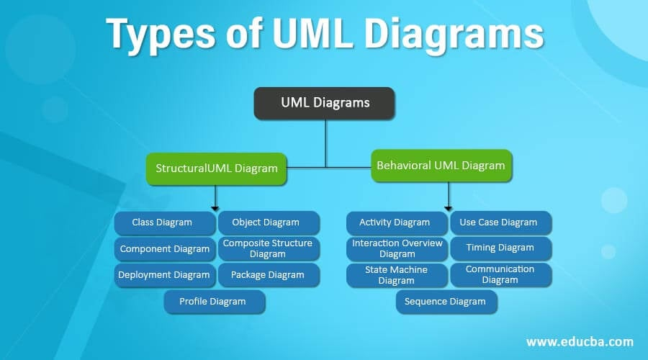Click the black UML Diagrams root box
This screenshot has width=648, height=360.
coord(325,102)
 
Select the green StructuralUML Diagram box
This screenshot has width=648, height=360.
coord(216,168)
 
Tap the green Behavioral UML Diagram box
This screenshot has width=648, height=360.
coord(441,165)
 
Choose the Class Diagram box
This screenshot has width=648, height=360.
coord(163,222)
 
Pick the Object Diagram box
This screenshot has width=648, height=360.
coord(266,222)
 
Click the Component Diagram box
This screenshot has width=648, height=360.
coord(164,249)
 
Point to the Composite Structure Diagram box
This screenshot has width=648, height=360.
coord(267,248)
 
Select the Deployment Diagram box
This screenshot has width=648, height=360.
coord(164,274)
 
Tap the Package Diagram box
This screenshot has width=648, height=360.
coord(267,274)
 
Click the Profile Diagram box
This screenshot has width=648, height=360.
coord(213,302)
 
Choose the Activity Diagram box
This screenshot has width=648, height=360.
coord(395,222)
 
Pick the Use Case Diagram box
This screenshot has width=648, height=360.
coord(498,222)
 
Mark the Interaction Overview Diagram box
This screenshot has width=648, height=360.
coord(397,248)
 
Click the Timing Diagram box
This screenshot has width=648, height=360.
coord(500,248)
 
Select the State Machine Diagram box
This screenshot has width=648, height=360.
coord(396,275)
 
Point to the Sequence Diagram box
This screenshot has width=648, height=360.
coord(445,302)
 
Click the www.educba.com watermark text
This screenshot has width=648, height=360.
coord(580,341)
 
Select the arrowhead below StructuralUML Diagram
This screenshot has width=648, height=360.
coord(215,207)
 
